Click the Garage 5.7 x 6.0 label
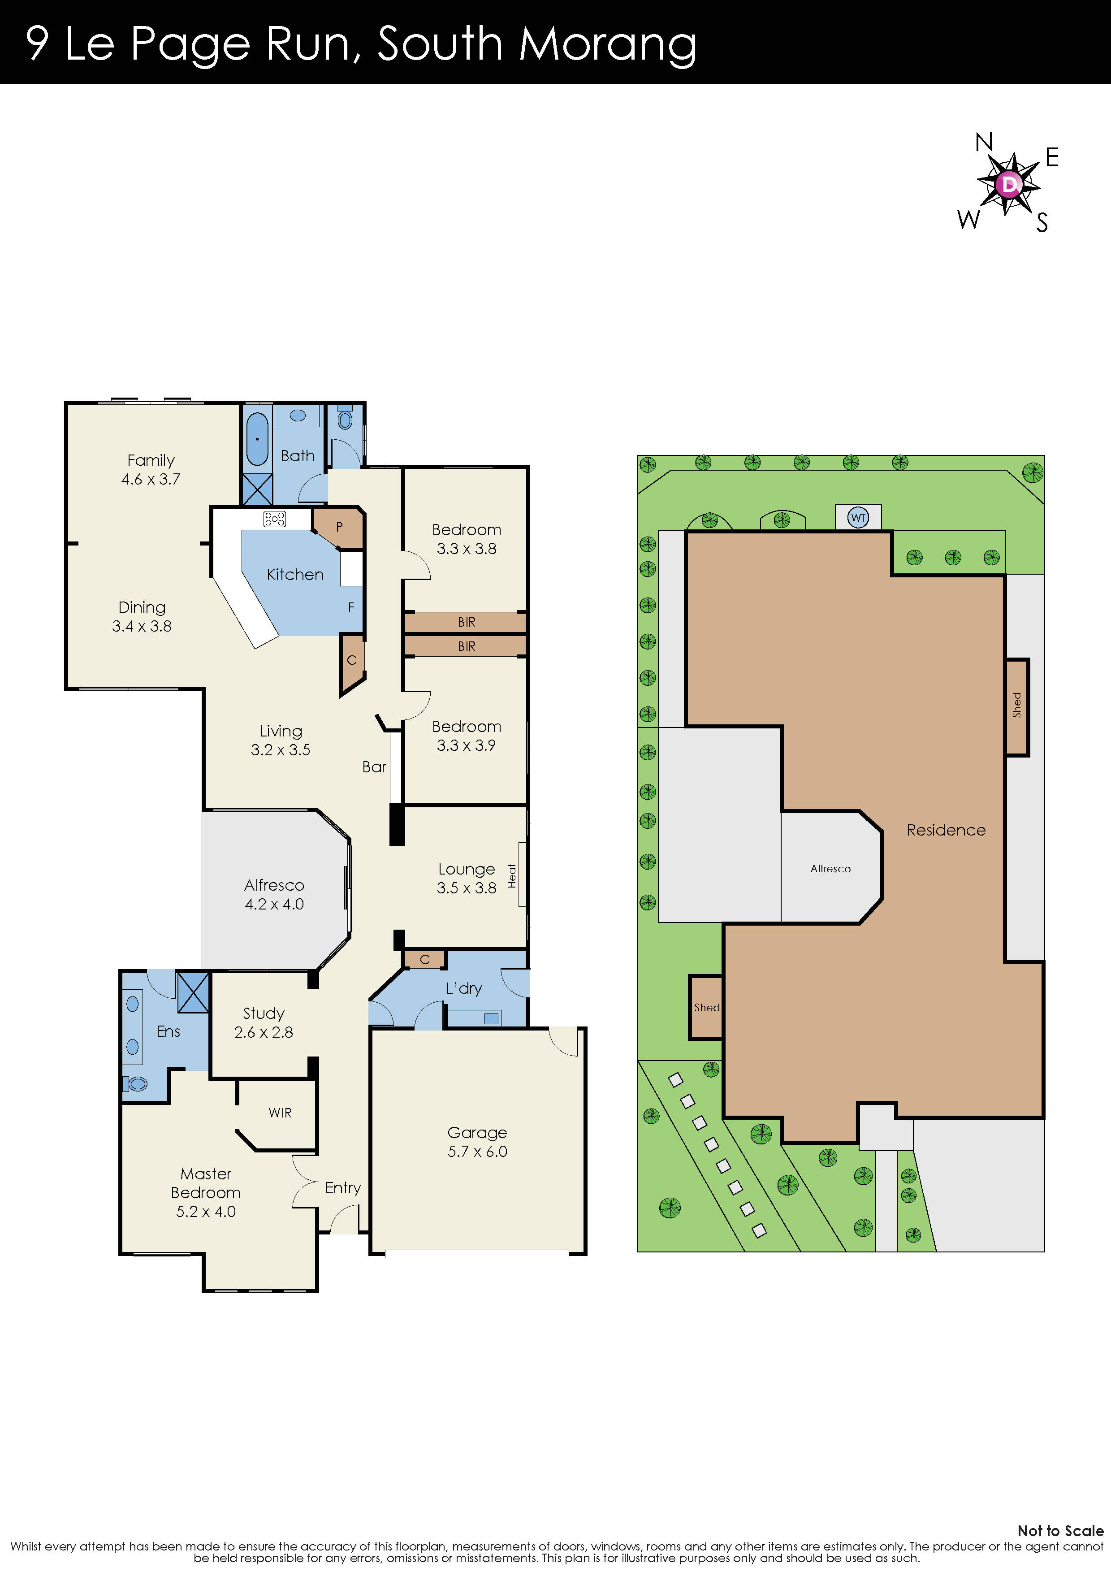(477, 1142)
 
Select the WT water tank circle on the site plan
(858, 518)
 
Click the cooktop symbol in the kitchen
(274, 519)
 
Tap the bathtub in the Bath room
(257, 439)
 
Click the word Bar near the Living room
(374, 767)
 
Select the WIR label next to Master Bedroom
(280, 1113)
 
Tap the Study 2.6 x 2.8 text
(264, 1023)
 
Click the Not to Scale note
(1060, 1531)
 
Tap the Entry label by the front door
(343, 1188)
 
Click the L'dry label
(464, 988)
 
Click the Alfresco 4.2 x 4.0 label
(274, 894)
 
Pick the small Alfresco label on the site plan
(830, 868)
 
